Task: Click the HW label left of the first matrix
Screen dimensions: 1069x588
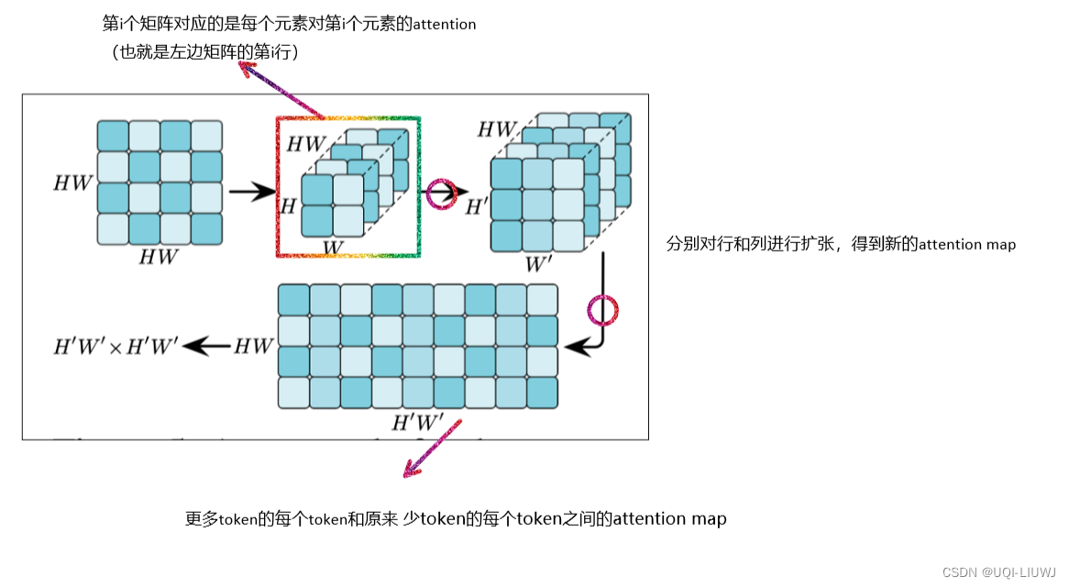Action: pyautogui.click(x=72, y=183)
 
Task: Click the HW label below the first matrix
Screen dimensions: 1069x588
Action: pyautogui.click(x=159, y=258)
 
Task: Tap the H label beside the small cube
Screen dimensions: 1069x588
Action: pyautogui.click(x=288, y=206)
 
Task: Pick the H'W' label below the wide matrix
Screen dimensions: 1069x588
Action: pyautogui.click(x=417, y=423)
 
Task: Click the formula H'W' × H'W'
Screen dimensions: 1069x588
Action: pyautogui.click(x=115, y=347)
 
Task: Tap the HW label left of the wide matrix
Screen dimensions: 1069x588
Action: pyautogui.click(x=254, y=347)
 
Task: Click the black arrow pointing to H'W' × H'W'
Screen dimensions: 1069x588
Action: pyautogui.click(x=206, y=346)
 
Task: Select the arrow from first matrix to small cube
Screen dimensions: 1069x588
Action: pyautogui.click(x=250, y=192)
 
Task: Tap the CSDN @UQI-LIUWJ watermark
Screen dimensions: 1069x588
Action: pyautogui.click(x=998, y=571)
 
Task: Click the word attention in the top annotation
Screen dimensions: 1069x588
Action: pyautogui.click(x=445, y=25)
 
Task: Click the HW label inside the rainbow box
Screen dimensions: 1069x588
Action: pyautogui.click(x=305, y=144)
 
